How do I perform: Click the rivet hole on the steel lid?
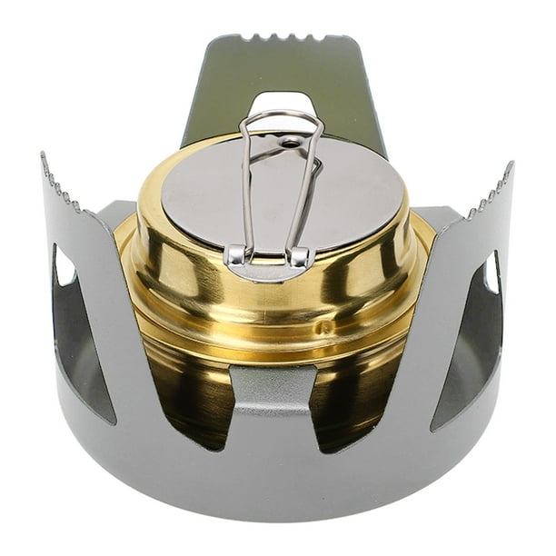point(289,143)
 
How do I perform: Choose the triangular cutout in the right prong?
point(472,345)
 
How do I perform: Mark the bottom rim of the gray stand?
point(273,509)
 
